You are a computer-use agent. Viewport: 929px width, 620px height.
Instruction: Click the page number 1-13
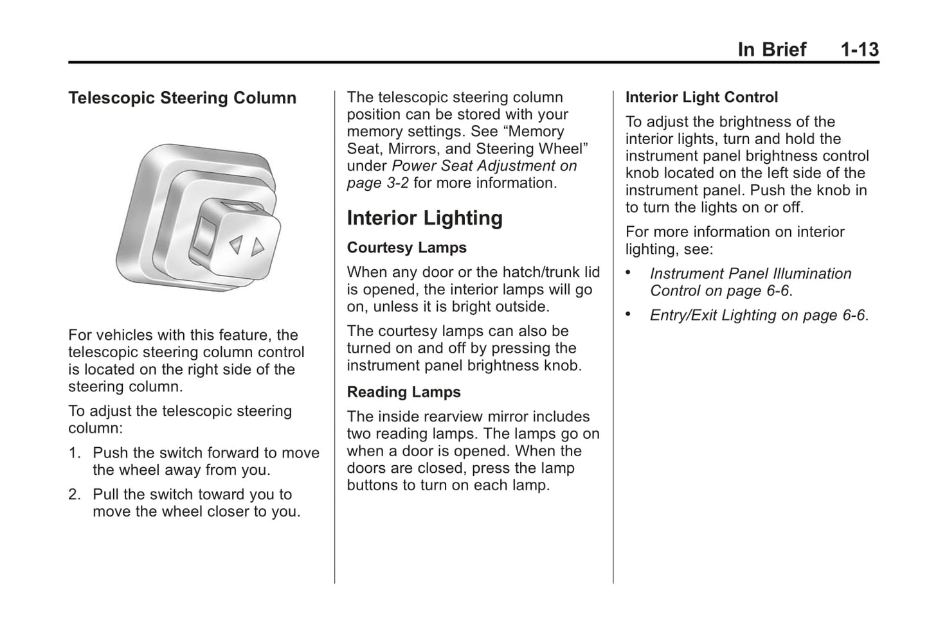pyautogui.click(x=860, y=49)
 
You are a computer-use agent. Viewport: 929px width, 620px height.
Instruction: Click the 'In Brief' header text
pyautogui.click(x=771, y=49)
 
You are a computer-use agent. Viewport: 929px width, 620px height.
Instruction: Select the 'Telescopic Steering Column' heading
pyautogui.click(x=182, y=98)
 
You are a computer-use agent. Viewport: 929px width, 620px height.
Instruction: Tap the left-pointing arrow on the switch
pyautogui.click(x=236, y=244)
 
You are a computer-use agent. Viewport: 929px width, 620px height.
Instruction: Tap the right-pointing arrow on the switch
pyautogui.click(x=258, y=247)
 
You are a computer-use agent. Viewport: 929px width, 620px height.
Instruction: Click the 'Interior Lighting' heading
pyautogui.click(x=424, y=218)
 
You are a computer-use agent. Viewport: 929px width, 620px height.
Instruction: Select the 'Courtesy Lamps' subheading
pyautogui.click(x=406, y=248)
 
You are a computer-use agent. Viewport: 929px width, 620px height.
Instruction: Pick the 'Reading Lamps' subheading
pyautogui.click(x=404, y=393)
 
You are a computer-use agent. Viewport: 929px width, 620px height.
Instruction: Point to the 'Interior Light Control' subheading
pyautogui.click(x=701, y=98)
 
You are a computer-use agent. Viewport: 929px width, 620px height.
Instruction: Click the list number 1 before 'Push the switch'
pyautogui.click(x=74, y=453)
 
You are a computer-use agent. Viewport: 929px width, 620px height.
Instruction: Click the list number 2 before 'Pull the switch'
pyautogui.click(x=74, y=495)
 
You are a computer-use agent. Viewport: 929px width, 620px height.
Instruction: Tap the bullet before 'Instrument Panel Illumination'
pyautogui.click(x=629, y=273)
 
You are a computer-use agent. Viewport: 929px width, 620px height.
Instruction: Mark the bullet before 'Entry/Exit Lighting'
pyautogui.click(x=629, y=315)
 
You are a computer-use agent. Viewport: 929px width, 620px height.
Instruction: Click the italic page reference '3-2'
pyautogui.click(x=396, y=183)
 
